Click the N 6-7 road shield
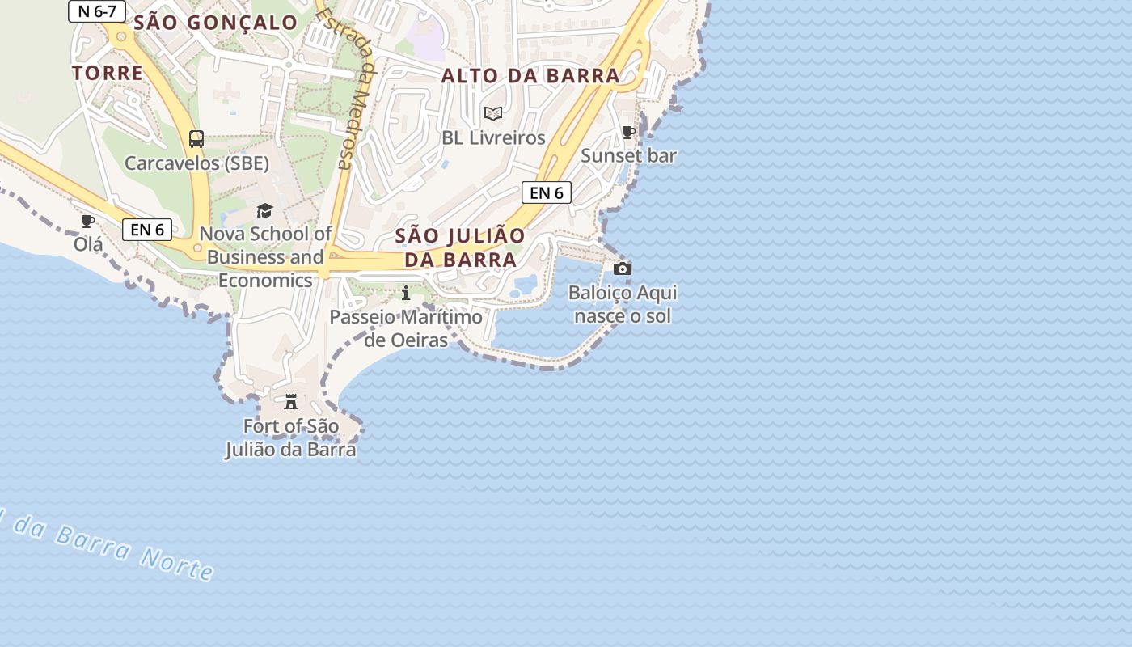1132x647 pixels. (97, 11)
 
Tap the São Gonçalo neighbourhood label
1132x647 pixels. (216, 23)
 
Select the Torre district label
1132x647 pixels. (108, 73)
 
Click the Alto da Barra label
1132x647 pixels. (530, 76)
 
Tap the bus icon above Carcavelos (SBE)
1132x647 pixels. (196, 139)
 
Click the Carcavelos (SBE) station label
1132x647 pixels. (196, 163)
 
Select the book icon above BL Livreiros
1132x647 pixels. (493, 114)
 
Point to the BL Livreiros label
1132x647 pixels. (493, 138)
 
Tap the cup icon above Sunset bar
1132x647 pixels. (629, 132)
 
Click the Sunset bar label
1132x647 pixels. (629, 156)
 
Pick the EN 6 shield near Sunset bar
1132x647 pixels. (547, 192)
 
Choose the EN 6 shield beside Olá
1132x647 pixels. (147, 230)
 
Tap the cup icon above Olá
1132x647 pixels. (88, 221)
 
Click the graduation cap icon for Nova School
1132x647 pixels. (265, 211)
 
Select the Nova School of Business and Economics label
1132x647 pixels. (265, 257)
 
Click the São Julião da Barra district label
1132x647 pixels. (460, 247)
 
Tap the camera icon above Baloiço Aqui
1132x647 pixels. (623, 269)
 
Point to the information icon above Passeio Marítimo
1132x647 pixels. (406, 293)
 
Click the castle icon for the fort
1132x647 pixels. (291, 401)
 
